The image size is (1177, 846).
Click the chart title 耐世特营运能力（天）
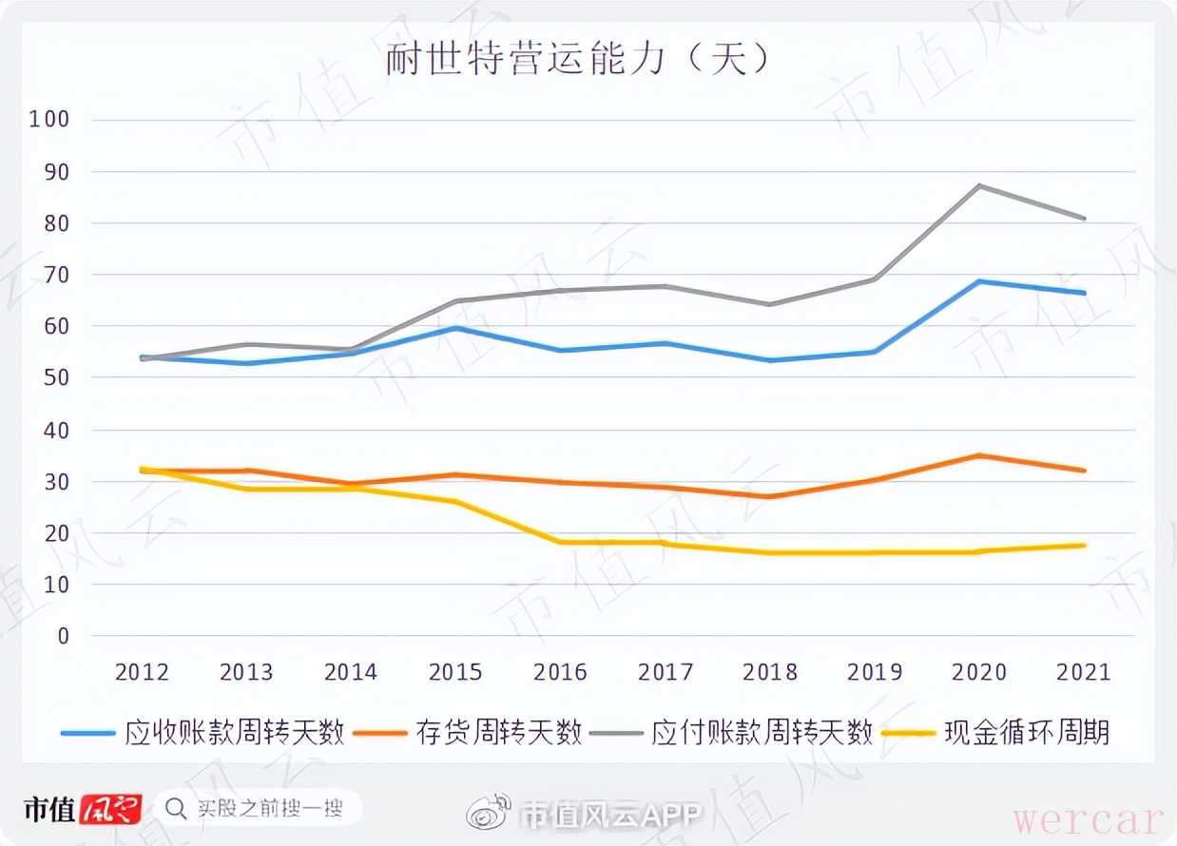(x=577, y=60)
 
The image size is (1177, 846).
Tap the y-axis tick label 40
(x=55, y=430)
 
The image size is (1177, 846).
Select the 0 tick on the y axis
(x=63, y=636)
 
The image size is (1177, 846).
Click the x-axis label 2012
(x=142, y=672)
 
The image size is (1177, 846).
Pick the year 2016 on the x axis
(x=560, y=672)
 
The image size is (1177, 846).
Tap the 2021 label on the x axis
(x=1084, y=672)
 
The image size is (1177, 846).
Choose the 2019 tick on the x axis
(x=875, y=672)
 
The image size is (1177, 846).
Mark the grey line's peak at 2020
(x=979, y=185)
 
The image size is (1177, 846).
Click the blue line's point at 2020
(x=979, y=281)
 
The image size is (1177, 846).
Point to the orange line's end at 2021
(x=1085, y=471)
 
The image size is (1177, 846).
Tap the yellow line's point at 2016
(x=560, y=543)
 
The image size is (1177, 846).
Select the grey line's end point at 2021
(x=1085, y=219)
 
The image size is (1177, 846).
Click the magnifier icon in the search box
(x=176, y=809)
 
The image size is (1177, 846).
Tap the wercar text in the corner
(x=1088, y=819)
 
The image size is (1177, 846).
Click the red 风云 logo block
(x=111, y=809)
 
